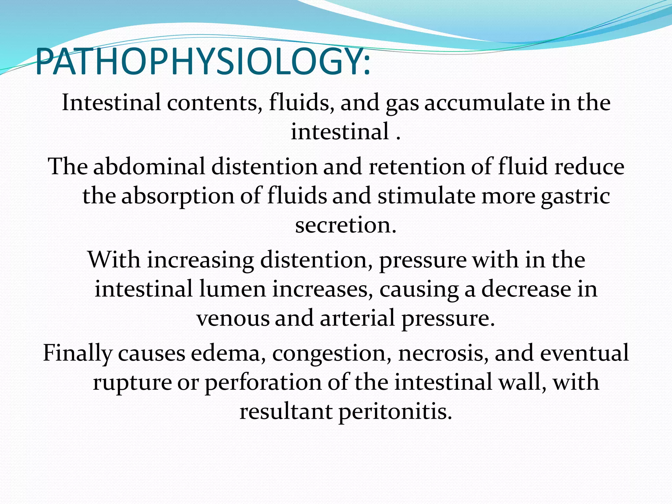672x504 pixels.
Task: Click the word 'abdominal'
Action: click(x=149, y=166)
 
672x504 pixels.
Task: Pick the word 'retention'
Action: click(x=416, y=166)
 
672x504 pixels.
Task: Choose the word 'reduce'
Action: click(x=589, y=166)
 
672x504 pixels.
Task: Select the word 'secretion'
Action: click(x=345, y=225)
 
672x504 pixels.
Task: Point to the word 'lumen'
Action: click(x=232, y=289)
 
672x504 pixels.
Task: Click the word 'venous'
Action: click(x=233, y=318)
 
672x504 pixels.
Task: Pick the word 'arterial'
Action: click(x=357, y=318)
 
